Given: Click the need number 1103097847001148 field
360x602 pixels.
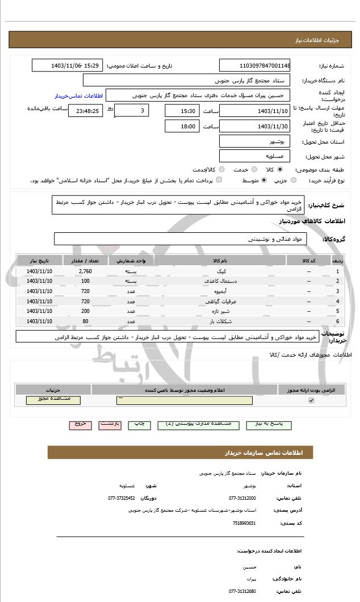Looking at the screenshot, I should [x=255, y=66].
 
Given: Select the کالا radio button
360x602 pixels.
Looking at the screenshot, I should [x=280, y=169].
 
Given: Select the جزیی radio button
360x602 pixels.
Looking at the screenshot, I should [x=294, y=180].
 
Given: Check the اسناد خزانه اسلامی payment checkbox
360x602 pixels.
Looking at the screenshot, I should [x=219, y=180].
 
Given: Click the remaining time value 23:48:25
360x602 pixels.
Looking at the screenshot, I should [x=85, y=111].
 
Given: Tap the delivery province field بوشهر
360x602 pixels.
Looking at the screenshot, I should [x=255, y=141].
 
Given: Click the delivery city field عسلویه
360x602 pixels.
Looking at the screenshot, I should [x=255, y=156].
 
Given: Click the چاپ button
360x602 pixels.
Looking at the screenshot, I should [x=139, y=424].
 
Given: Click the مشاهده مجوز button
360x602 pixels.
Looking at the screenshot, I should [x=53, y=400].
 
